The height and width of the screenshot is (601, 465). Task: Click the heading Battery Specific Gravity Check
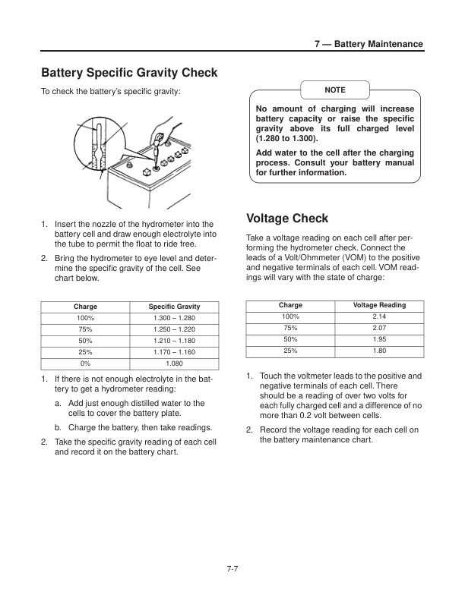[x=128, y=73]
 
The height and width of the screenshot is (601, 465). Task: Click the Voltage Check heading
[x=287, y=219]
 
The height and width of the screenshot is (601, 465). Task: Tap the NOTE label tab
[x=334, y=90]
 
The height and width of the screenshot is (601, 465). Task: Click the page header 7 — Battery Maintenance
[x=369, y=45]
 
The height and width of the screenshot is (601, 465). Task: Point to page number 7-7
[x=232, y=571]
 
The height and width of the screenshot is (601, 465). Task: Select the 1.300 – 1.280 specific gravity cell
[x=173, y=318]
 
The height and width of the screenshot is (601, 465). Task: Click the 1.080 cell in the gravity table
[x=173, y=363]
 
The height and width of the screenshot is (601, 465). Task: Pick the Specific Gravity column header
[x=173, y=307]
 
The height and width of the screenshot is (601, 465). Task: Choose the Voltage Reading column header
[x=379, y=305]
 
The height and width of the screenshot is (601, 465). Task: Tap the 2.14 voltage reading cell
[x=379, y=316]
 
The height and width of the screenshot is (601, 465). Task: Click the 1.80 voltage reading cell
[x=379, y=351]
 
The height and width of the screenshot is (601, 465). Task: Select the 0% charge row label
[x=85, y=363]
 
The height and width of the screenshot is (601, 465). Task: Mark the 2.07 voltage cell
[x=379, y=327]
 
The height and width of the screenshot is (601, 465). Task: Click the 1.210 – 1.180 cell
[x=173, y=341]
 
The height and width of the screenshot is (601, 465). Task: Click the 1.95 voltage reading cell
[x=379, y=339]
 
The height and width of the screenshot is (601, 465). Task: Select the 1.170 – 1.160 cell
[x=173, y=352]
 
